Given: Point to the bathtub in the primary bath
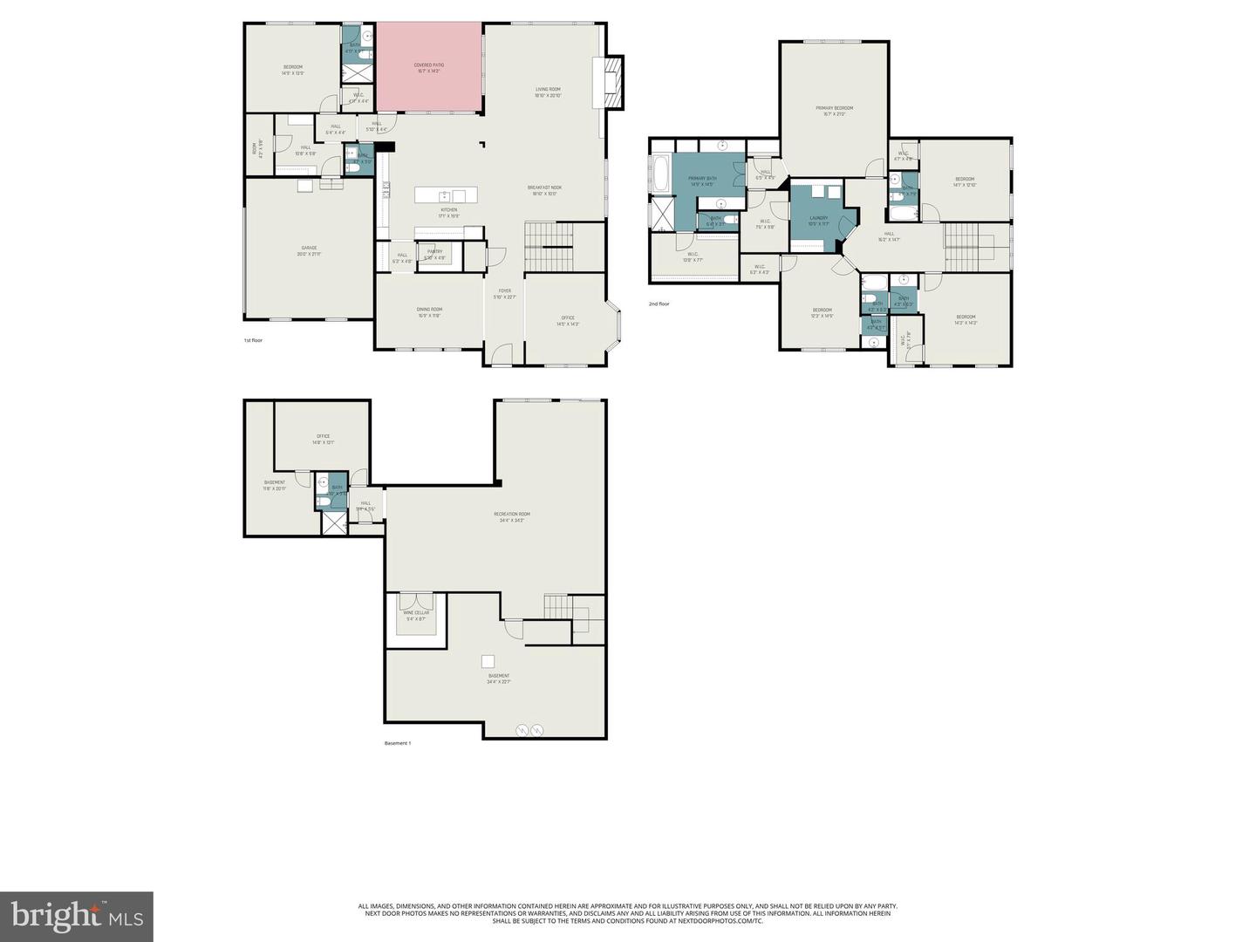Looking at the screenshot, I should pos(660,174).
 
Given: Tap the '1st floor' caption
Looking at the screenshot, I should pos(253,340).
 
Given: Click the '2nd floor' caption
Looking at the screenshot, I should pos(659,304).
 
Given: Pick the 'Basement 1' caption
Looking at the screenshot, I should pos(397,743).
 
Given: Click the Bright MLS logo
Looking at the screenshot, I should pos(77,916).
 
